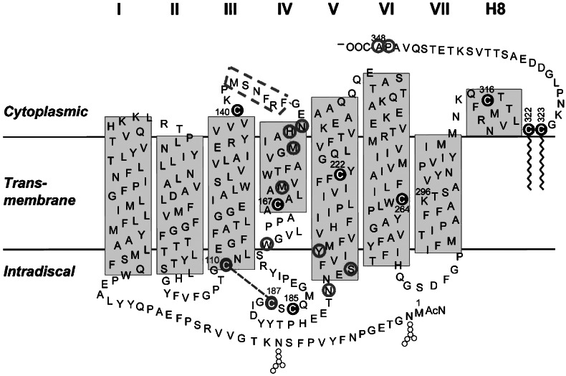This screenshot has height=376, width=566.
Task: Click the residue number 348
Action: click(x=380, y=37)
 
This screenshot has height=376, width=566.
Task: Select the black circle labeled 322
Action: click(x=528, y=129)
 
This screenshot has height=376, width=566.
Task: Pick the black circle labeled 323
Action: click(x=542, y=129)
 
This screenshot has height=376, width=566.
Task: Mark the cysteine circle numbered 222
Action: click(x=340, y=174)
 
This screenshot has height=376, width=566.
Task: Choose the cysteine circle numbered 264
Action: click(x=401, y=199)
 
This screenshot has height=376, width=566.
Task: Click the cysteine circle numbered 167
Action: click(x=277, y=205)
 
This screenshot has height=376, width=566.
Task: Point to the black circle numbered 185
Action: click(x=292, y=309)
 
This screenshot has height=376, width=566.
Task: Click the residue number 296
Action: click(x=423, y=192)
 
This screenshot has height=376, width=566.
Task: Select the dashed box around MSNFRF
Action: click(x=257, y=91)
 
